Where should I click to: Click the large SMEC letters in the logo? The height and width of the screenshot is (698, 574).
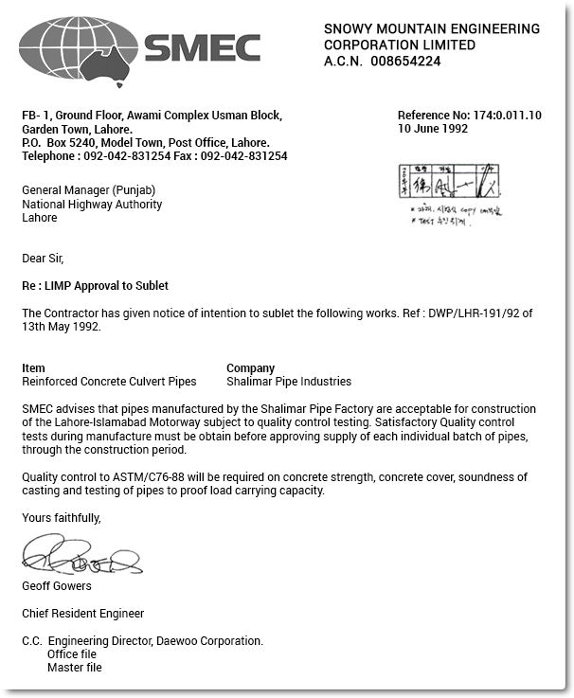coord(202,46)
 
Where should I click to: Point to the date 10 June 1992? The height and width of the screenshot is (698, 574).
coord(433,129)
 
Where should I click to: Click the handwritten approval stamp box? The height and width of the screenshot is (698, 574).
coord(448,180)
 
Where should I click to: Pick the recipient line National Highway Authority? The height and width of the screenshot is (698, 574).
coord(92,204)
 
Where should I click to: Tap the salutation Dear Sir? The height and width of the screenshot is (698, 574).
coord(43,258)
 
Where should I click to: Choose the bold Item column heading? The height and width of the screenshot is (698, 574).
coord(33,368)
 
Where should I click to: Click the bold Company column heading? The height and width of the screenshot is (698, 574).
coord(250,368)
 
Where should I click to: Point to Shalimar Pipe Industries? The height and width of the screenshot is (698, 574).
coord(288,382)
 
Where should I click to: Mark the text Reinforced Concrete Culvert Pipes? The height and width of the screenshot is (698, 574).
coord(109,382)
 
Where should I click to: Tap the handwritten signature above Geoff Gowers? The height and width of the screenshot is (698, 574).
coord(81,556)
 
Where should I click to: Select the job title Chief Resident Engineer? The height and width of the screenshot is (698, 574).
coord(82,614)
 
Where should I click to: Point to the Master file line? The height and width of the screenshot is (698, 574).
coord(74,668)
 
